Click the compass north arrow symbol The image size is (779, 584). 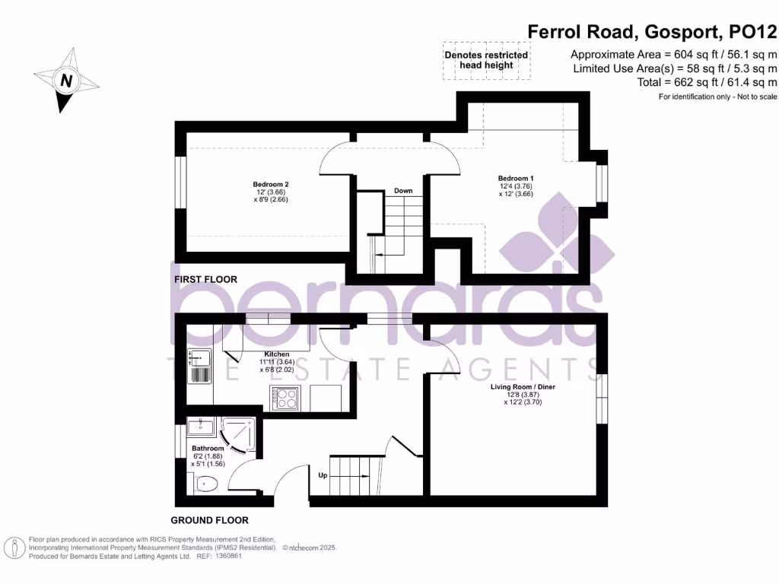[65, 80]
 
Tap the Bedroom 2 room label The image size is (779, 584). [270, 184]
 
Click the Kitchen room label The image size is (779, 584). [276, 354]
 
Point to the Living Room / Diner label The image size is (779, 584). [523, 387]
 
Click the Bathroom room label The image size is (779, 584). [207, 449]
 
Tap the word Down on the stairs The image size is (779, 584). [403, 190]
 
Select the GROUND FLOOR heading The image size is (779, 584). [209, 521]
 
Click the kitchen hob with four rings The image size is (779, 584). [285, 398]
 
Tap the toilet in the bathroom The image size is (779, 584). [206, 483]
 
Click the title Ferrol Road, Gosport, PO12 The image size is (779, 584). [653, 31]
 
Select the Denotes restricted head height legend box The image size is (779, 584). [486, 60]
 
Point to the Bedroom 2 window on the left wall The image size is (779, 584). [181, 182]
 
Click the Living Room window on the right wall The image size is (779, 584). [602, 398]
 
